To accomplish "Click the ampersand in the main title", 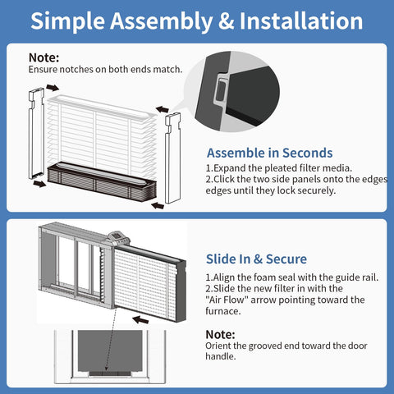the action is [226, 21].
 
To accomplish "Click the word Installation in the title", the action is [301, 21].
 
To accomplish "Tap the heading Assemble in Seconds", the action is [270, 153].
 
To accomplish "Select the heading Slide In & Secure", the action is [256, 259].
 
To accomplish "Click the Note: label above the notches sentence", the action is [44, 57].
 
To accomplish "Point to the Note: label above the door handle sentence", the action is [220, 334].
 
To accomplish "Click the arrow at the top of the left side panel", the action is [53, 88].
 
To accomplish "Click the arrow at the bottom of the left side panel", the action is [39, 183].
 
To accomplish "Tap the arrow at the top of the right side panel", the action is [163, 109].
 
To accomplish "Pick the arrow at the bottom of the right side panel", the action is [158, 205].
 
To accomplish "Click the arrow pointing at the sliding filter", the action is [140, 319].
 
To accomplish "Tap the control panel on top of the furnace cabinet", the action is [118, 238].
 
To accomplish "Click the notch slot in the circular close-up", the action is [221, 90].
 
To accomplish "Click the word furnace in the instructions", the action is [223, 311].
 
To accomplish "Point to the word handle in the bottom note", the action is [221, 356].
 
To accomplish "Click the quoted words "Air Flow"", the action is [227, 300].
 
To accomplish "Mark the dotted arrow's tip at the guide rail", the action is [107, 371].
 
